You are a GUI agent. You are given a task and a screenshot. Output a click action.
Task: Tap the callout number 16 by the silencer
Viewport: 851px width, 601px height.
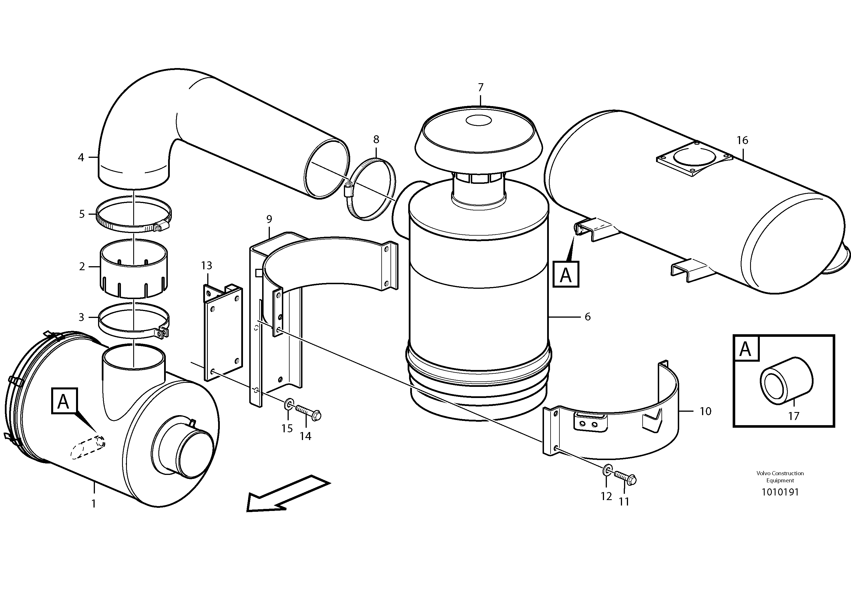(742, 140)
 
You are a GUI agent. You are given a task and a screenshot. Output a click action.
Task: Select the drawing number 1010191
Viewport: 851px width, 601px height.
(780, 492)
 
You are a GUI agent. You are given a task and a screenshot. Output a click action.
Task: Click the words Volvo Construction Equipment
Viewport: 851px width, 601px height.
(780, 477)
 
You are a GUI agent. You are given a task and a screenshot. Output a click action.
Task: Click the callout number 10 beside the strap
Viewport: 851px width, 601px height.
(705, 411)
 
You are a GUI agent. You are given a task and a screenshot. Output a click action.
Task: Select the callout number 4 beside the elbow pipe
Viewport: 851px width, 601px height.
(81, 158)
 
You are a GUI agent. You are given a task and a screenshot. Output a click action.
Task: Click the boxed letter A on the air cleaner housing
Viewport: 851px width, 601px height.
(64, 401)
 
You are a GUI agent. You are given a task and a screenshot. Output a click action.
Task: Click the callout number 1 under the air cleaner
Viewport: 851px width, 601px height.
(94, 504)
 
